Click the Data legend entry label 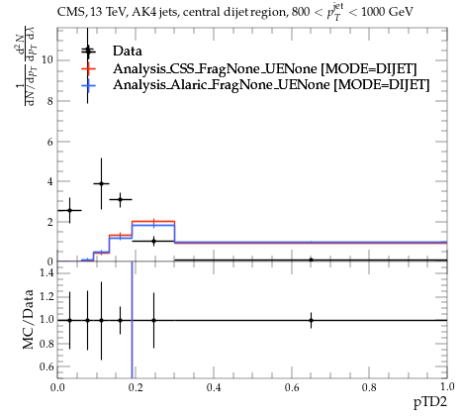(x=128, y=51)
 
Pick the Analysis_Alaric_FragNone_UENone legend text (x=222, y=85)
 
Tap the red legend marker (x=88, y=68)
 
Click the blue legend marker (x=88, y=85)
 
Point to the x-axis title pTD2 (x=430, y=402)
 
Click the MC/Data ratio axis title (x=29, y=319)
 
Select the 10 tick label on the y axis (x=47, y=60)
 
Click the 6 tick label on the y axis (x=49, y=142)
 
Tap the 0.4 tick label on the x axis (x=214, y=387)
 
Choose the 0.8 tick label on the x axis (x=369, y=387)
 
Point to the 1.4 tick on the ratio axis (x=46, y=272)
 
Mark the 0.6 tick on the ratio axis (x=46, y=366)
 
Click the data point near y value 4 (x=101, y=183)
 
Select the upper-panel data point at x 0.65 (x=311, y=261)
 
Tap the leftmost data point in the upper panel (x=69, y=210)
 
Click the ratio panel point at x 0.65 (x=311, y=320)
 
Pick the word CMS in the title (x=67, y=13)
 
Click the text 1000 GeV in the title (x=387, y=13)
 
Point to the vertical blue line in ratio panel (x=132, y=320)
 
